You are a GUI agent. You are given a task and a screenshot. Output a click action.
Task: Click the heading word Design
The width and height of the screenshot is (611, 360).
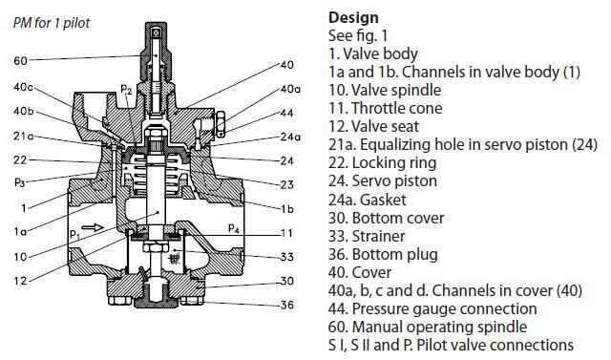[353, 16]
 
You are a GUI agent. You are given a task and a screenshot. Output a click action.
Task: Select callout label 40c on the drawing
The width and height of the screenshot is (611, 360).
[24, 89]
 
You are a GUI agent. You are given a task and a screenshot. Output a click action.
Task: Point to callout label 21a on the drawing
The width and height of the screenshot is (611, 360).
[23, 137]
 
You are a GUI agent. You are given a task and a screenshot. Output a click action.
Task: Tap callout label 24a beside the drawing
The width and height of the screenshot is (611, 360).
[290, 137]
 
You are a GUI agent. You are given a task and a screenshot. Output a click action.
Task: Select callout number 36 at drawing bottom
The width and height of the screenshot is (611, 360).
[286, 305]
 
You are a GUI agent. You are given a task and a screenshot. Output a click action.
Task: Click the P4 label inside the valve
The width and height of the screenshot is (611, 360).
[233, 227]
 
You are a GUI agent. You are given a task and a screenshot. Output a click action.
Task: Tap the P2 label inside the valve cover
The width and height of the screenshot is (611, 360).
[127, 90]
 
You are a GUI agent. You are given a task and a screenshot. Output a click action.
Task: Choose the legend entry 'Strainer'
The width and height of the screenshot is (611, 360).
[372, 236]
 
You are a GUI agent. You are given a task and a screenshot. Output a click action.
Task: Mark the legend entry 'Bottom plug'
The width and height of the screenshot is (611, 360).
[383, 254]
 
